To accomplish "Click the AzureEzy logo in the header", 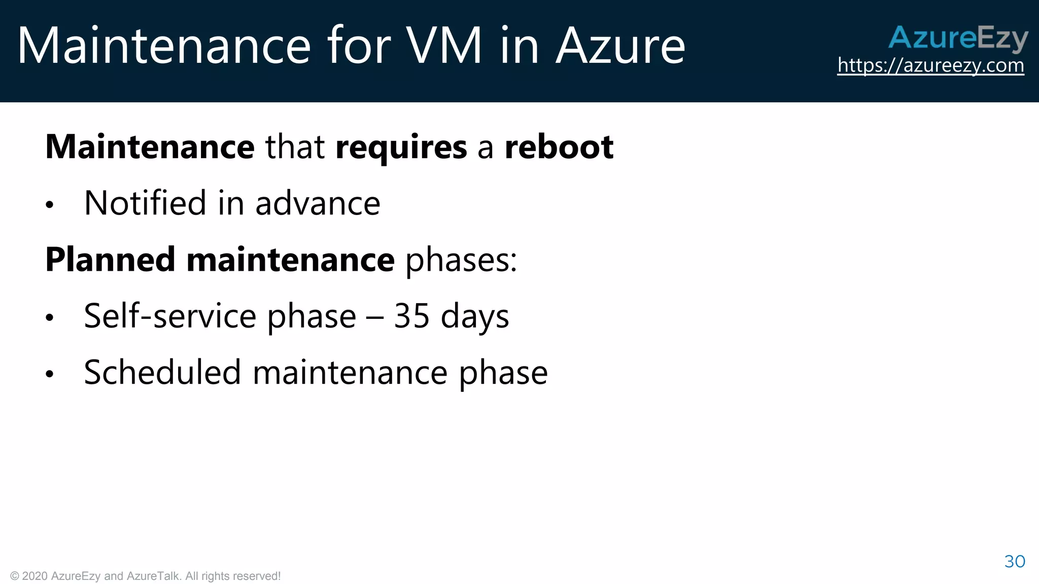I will tap(958, 38).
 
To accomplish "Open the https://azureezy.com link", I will tap(930, 65).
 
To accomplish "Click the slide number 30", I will tap(1015, 561).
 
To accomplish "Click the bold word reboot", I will tap(559, 147).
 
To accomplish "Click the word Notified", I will tap(145, 203).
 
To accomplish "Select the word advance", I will tap(318, 203).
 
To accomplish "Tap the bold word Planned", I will tap(110, 260).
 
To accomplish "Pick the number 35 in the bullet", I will tap(411, 316).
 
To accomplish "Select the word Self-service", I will tap(169, 316).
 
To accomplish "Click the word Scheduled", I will tap(162, 372).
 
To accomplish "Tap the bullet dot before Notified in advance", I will tap(49, 205).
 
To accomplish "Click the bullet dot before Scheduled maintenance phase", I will tap(49, 374).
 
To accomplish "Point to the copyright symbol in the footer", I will tap(15, 576).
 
